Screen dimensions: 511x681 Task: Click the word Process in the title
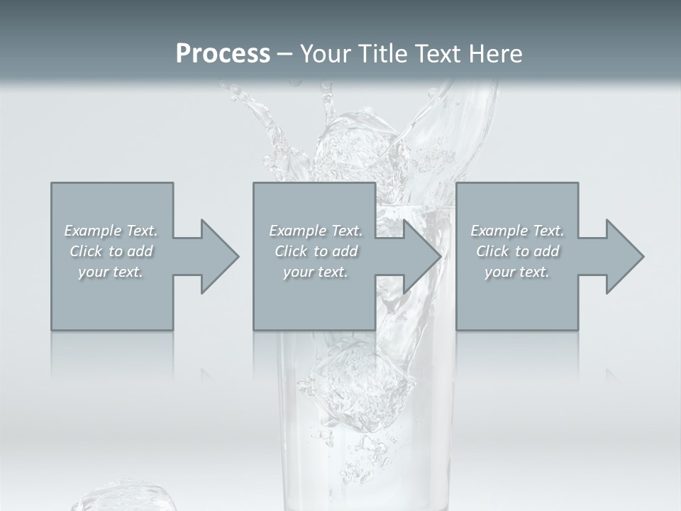[x=223, y=54]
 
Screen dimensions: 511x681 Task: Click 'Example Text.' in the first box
[x=111, y=231]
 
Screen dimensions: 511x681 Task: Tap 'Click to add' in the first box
[x=111, y=251]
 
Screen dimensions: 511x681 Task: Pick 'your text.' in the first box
[x=111, y=272]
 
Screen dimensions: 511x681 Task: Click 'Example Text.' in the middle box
[x=316, y=231]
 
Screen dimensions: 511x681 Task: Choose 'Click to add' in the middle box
[x=316, y=251]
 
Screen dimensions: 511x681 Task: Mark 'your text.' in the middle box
[x=316, y=272]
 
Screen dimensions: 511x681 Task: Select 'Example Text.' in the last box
[x=517, y=231]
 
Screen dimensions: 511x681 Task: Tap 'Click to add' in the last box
[x=517, y=251]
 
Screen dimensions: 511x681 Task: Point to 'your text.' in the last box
[x=517, y=272]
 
